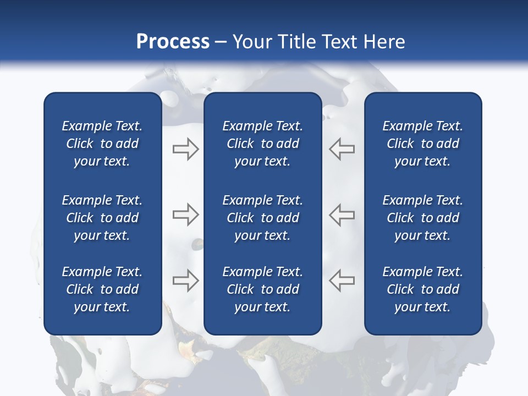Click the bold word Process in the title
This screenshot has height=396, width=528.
click(x=173, y=42)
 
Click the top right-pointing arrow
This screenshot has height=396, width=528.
click(x=185, y=149)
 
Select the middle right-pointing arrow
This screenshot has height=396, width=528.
click(x=185, y=215)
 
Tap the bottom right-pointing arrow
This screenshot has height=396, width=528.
click(x=185, y=280)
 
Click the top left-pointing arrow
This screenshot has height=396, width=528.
click(x=342, y=149)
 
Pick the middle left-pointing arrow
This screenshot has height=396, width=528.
click(x=342, y=215)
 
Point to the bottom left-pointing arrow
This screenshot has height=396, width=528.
click(x=342, y=280)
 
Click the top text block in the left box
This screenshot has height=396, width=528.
click(x=102, y=144)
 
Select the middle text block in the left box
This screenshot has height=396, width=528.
click(x=102, y=218)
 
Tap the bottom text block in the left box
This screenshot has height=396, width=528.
click(x=102, y=289)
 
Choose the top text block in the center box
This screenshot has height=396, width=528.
click(x=263, y=144)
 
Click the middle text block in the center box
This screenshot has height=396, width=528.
click(x=263, y=218)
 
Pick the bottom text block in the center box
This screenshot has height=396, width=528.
click(x=263, y=289)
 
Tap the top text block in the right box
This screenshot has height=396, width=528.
click(x=423, y=144)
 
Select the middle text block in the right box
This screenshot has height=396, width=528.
click(x=423, y=218)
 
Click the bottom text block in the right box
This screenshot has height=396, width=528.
click(x=423, y=289)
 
